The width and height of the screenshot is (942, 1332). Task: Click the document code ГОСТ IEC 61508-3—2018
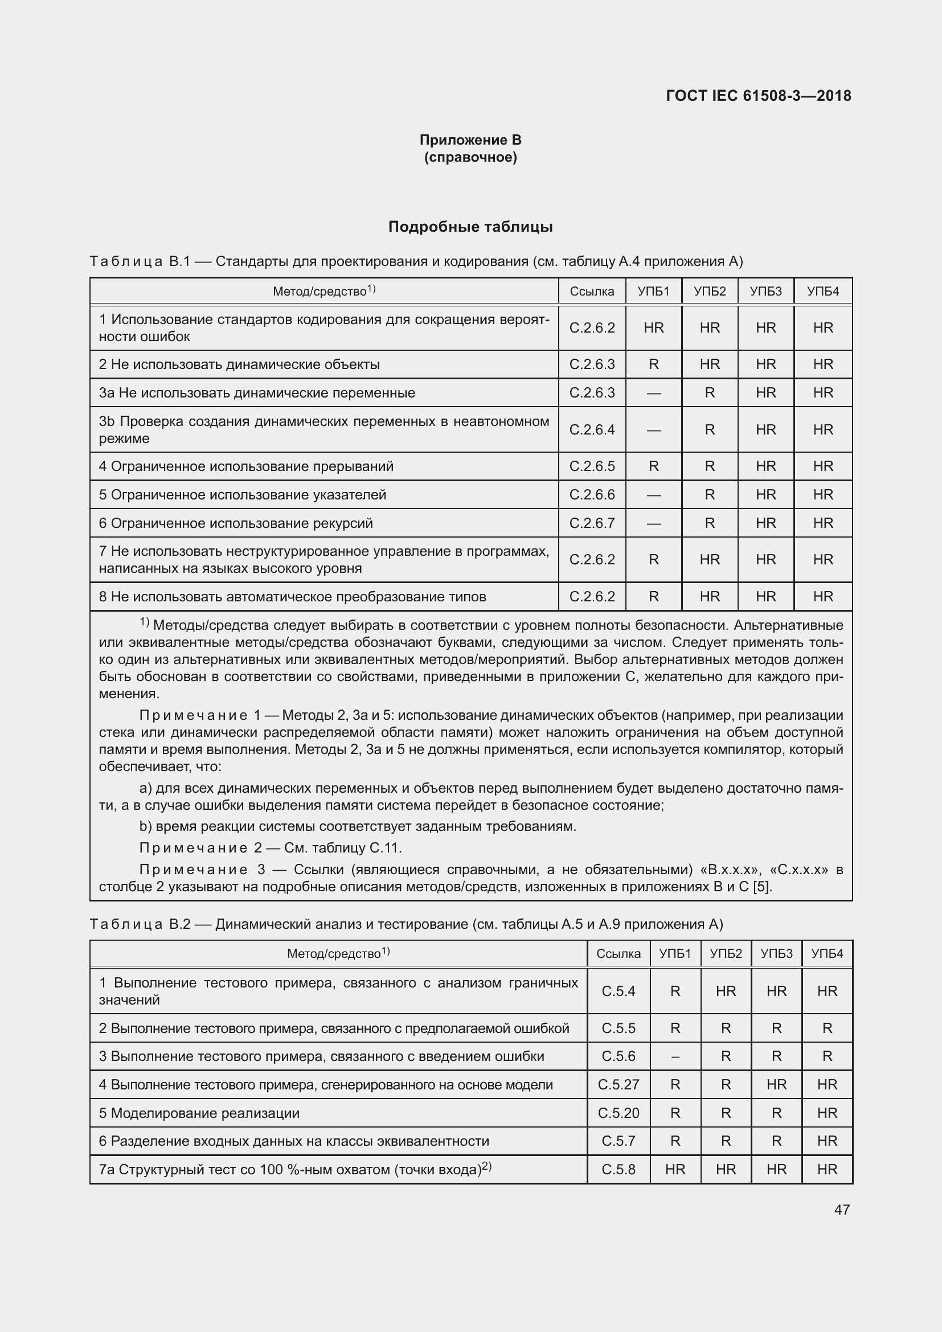tap(758, 96)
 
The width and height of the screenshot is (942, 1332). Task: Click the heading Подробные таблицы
tap(470, 227)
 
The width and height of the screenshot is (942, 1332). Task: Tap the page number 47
tap(842, 1210)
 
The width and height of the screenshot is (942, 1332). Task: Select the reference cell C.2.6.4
tap(592, 429)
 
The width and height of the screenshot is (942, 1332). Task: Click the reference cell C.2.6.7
tap(592, 523)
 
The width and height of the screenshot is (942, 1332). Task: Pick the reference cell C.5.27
tap(619, 1084)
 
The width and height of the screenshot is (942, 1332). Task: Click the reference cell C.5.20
tap(619, 1113)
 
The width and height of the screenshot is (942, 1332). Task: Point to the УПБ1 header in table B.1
tap(653, 291)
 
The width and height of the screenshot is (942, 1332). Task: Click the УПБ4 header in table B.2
tap(826, 953)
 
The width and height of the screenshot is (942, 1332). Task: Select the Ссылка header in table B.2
tap(619, 953)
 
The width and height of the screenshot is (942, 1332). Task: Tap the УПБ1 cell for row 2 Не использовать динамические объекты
tap(653, 364)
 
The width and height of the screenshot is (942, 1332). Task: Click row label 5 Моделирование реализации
tap(199, 1113)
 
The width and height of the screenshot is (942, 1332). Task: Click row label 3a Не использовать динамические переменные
tap(256, 393)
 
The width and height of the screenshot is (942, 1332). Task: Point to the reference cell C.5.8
tap(619, 1169)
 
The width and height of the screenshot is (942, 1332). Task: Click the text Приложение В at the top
tap(470, 140)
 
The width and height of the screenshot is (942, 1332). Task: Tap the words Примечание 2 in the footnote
tap(200, 847)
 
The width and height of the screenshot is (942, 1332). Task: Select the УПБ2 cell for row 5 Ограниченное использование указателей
tap(710, 494)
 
